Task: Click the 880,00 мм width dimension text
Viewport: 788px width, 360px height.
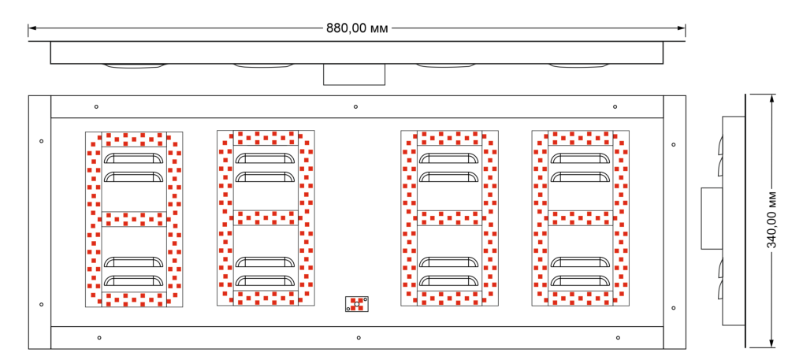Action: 357,28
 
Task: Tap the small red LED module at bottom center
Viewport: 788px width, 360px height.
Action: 357,303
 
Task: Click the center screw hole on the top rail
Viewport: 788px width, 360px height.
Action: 355,106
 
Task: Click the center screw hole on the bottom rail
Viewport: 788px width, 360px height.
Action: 359,338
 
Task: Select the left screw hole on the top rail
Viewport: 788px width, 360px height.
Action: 96,106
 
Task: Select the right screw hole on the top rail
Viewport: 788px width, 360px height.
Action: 615,106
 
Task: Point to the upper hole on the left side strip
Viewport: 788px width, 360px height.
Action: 41,142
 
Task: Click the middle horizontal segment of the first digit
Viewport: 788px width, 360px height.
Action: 134,218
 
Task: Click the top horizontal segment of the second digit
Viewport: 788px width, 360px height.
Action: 266,137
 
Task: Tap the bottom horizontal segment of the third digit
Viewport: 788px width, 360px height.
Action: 449,298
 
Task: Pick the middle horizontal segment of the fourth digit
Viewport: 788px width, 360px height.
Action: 580,217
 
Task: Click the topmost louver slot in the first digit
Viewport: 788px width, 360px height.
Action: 134,158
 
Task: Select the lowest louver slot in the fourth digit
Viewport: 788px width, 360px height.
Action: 580,280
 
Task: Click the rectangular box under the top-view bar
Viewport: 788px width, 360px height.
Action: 354,74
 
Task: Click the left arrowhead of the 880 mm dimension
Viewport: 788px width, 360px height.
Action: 32,28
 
